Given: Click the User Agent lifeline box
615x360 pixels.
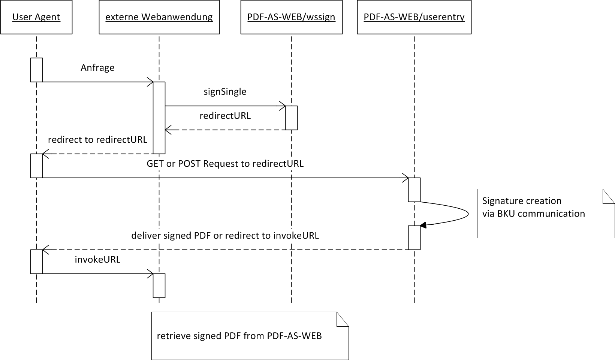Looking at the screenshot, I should pyautogui.click(x=36, y=17).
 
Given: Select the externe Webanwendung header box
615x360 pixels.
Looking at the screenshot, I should pyautogui.click(x=159, y=17).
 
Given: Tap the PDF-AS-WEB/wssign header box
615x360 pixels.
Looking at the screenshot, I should pyautogui.click(x=291, y=17).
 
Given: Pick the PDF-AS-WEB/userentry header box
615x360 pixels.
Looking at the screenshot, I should pyautogui.click(x=414, y=17).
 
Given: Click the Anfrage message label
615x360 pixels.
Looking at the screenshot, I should pyautogui.click(x=97, y=68).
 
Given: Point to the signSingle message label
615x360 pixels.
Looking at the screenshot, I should pyautogui.click(x=225, y=92).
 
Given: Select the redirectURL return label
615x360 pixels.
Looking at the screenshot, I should pyautogui.click(x=225, y=116).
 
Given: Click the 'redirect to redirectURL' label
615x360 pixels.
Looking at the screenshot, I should pyautogui.click(x=97, y=140).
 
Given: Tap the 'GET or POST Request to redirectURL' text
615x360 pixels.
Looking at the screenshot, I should pyautogui.click(x=225, y=164).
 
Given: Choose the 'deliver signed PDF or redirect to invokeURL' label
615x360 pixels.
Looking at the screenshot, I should pyautogui.click(x=225, y=236).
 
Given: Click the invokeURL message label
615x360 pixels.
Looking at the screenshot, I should pyautogui.click(x=97, y=260).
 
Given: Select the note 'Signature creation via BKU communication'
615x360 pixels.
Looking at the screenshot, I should pyautogui.click(x=545, y=214).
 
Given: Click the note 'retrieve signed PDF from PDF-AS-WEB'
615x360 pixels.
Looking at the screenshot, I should pyautogui.click(x=250, y=336).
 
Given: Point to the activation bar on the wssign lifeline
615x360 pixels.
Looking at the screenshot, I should pyautogui.click(x=292, y=118).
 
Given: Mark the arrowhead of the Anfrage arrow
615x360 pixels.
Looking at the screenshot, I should pyautogui.click(x=151, y=82).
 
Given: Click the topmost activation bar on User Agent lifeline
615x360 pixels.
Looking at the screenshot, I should pyautogui.click(x=36, y=70).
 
